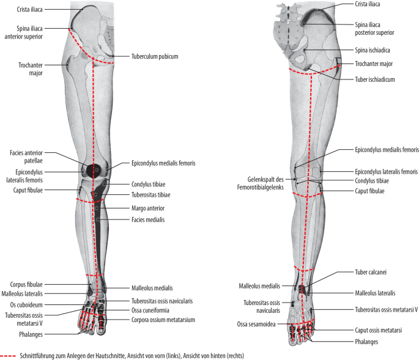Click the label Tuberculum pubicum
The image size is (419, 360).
[154, 56]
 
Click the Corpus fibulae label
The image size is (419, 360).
[26, 284]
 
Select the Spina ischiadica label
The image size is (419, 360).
[374, 51]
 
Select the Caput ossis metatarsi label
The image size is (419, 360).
[378, 330]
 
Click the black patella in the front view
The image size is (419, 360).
[94, 169]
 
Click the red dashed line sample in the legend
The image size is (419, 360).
[9, 354]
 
